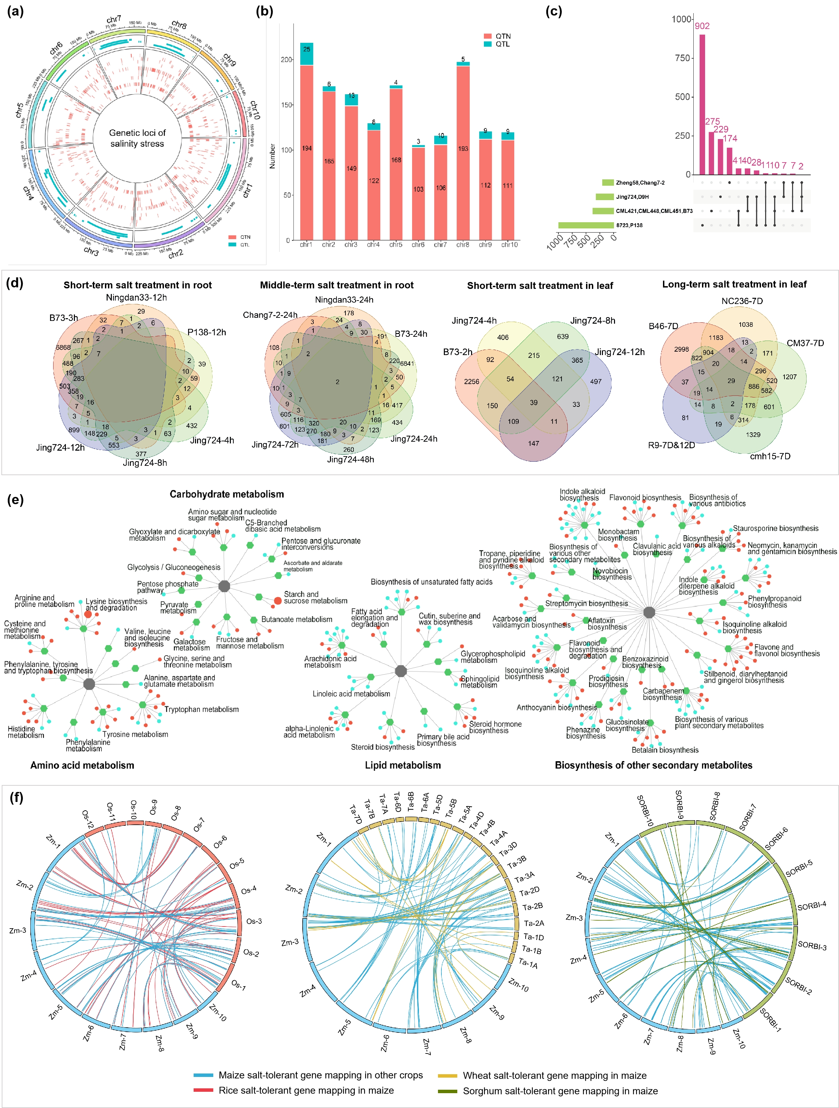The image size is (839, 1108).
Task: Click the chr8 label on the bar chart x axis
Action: point(463,244)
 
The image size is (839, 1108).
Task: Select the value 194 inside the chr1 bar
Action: point(306,148)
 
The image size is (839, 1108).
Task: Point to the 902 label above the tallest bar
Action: point(702,26)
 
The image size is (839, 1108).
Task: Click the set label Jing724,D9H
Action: point(632,197)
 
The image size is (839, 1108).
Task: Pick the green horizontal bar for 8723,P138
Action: point(586,225)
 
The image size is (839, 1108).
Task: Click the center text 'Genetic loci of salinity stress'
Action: point(137,138)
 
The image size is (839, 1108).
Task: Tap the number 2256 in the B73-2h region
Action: point(471,381)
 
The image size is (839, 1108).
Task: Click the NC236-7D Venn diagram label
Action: point(742,301)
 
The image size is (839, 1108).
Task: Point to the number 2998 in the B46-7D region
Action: point(681,349)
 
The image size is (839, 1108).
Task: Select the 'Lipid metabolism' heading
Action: point(403,765)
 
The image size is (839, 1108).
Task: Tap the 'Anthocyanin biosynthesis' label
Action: point(556,708)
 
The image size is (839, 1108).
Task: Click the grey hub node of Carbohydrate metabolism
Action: point(224,586)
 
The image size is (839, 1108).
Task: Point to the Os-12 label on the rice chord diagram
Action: point(88,819)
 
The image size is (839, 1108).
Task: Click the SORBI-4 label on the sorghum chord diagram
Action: point(811,906)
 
